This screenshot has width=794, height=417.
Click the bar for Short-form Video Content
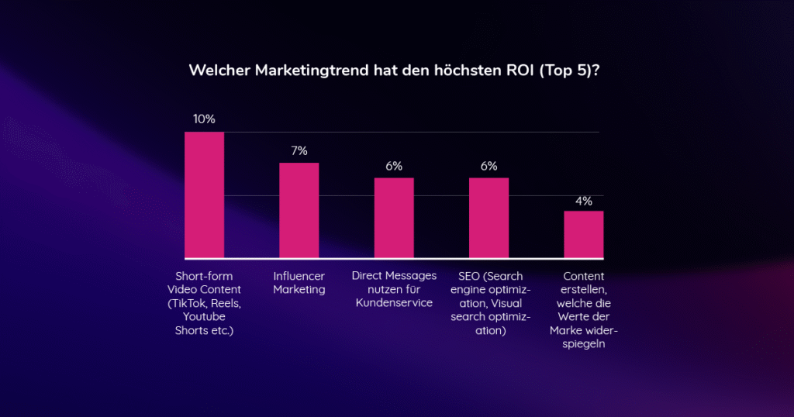(204, 195)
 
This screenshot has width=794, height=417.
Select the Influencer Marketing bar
(299, 210)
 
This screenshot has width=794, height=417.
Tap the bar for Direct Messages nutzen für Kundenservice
(394, 218)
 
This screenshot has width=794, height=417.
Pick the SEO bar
(488, 218)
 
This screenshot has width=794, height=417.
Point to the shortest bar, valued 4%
(583, 234)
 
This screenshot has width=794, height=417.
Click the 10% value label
(204, 119)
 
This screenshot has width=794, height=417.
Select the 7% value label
(299, 150)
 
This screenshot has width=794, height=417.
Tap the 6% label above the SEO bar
(488, 166)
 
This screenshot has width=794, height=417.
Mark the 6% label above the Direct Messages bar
(394, 166)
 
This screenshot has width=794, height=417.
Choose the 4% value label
(583, 201)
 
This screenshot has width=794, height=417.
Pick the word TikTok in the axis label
(195, 303)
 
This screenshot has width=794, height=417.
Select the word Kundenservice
(394, 303)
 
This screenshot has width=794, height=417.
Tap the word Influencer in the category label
(299, 276)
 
